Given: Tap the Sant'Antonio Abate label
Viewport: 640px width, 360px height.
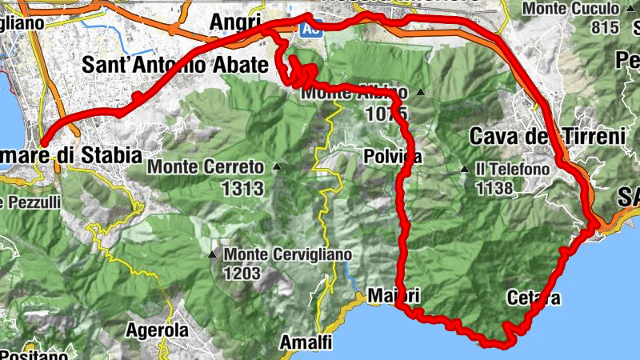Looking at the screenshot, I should [x=176, y=65].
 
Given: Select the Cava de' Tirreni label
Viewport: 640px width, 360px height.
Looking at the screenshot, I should [x=546, y=135].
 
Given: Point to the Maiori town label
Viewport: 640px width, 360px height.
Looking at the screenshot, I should [x=394, y=296].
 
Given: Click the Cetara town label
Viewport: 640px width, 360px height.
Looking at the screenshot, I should [x=534, y=298].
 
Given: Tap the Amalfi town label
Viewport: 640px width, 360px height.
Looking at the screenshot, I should [x=305, y=342].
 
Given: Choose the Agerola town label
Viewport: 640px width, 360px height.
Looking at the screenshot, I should [x=158, y=330].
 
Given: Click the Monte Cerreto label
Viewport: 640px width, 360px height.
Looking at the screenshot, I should [x=205, y=168].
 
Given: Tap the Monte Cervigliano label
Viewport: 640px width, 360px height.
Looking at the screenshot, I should [x=288, y=254].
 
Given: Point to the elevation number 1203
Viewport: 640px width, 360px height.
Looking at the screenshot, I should [x=242, y=274].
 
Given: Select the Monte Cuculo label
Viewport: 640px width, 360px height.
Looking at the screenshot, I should [x=570, y=9].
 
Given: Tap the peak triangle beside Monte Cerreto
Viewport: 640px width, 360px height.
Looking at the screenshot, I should [x=276, y=167].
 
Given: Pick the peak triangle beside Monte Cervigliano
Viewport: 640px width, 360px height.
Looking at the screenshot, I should [x=212, y=255].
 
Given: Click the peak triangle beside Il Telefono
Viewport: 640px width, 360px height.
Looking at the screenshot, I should [x=465, y=169].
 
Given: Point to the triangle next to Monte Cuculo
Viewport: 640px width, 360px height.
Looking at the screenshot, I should [x=633, y=9].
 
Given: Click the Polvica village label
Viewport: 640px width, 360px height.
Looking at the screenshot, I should [x=391, y=155].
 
